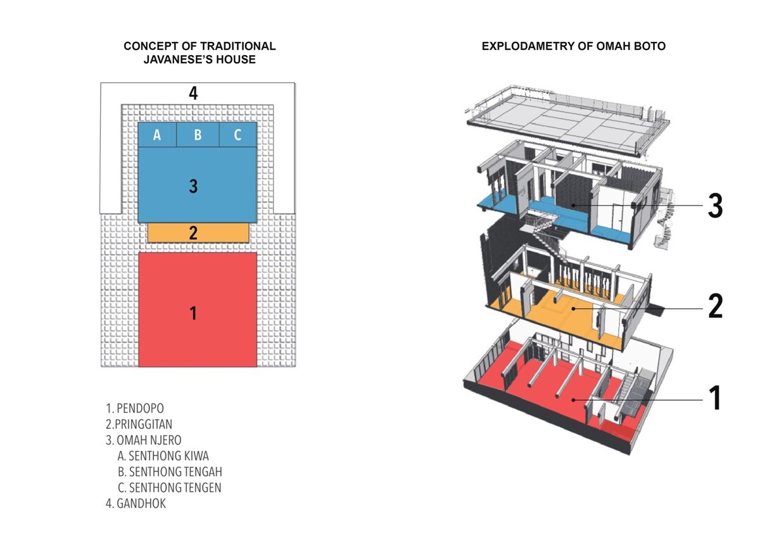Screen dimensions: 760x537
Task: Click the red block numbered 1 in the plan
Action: [198, 310]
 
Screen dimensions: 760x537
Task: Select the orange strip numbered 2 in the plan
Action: [198, 232]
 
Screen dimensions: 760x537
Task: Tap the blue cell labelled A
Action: [157, 135]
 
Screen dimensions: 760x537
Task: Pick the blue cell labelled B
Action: [198, 135]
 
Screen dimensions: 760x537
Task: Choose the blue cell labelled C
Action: [238, 135]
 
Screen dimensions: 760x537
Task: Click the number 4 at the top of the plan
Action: [193, 93]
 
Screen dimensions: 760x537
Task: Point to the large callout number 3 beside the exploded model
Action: [715, 206]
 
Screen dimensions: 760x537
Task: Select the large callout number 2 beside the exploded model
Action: [716, 306]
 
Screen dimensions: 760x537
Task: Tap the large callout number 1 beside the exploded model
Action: [715, 398]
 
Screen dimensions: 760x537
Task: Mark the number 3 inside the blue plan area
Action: [193, 186]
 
